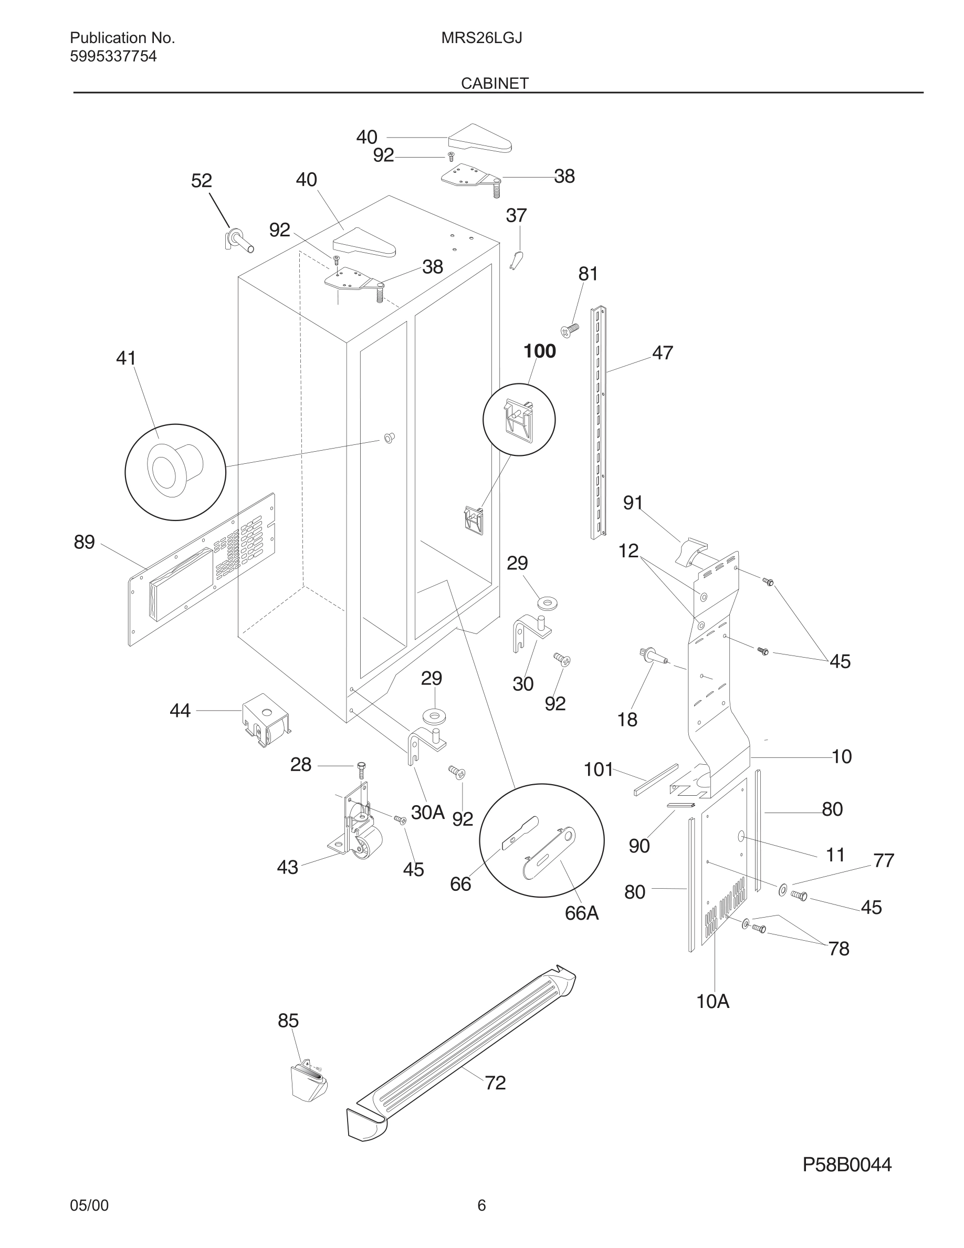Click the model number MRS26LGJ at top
tap(481, 38)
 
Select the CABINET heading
tap(495, 84)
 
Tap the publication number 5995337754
tap(113, 57)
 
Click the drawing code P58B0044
tap(846, 1164)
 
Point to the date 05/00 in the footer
tap(89, 1205)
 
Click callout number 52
tap(201, 181)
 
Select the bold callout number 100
tap(539, 351)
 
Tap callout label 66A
tap(581, 913)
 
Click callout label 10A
tap(712, 1001)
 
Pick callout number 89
tap(84, 542)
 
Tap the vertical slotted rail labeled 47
tap(598, 423)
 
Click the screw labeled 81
tap(570, 330)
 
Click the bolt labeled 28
tap(360, 769)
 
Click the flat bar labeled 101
tap(656, 780)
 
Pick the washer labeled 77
tap(782, 889)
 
